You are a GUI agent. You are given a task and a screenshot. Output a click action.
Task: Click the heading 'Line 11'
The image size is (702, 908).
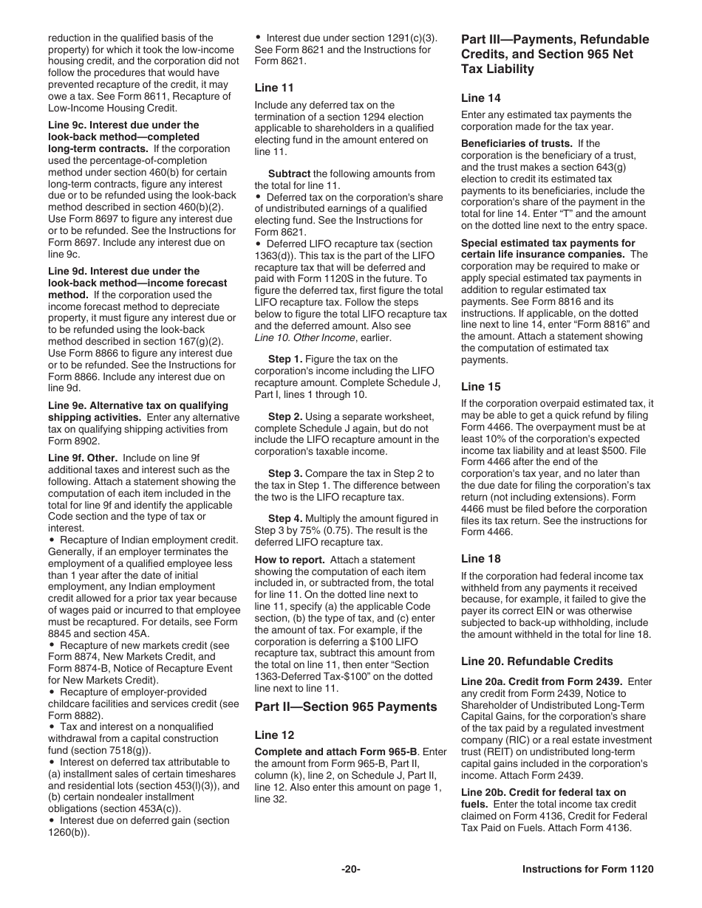[x=274, y=88]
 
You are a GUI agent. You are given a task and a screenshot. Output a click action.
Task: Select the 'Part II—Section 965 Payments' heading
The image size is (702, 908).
[x=346, y=706]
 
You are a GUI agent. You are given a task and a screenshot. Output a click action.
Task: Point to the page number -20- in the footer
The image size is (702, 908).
[x=350, y=869]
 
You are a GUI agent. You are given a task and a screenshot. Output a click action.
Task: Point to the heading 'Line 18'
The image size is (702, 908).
[x=480, y=558]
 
